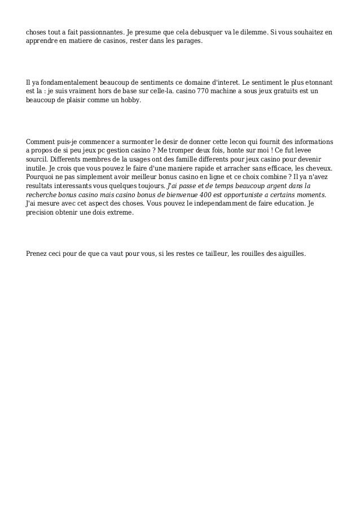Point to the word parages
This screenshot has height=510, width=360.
click(186, 42)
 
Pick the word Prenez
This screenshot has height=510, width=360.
click(38, 254)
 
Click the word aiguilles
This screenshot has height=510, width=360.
click(289, 254)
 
